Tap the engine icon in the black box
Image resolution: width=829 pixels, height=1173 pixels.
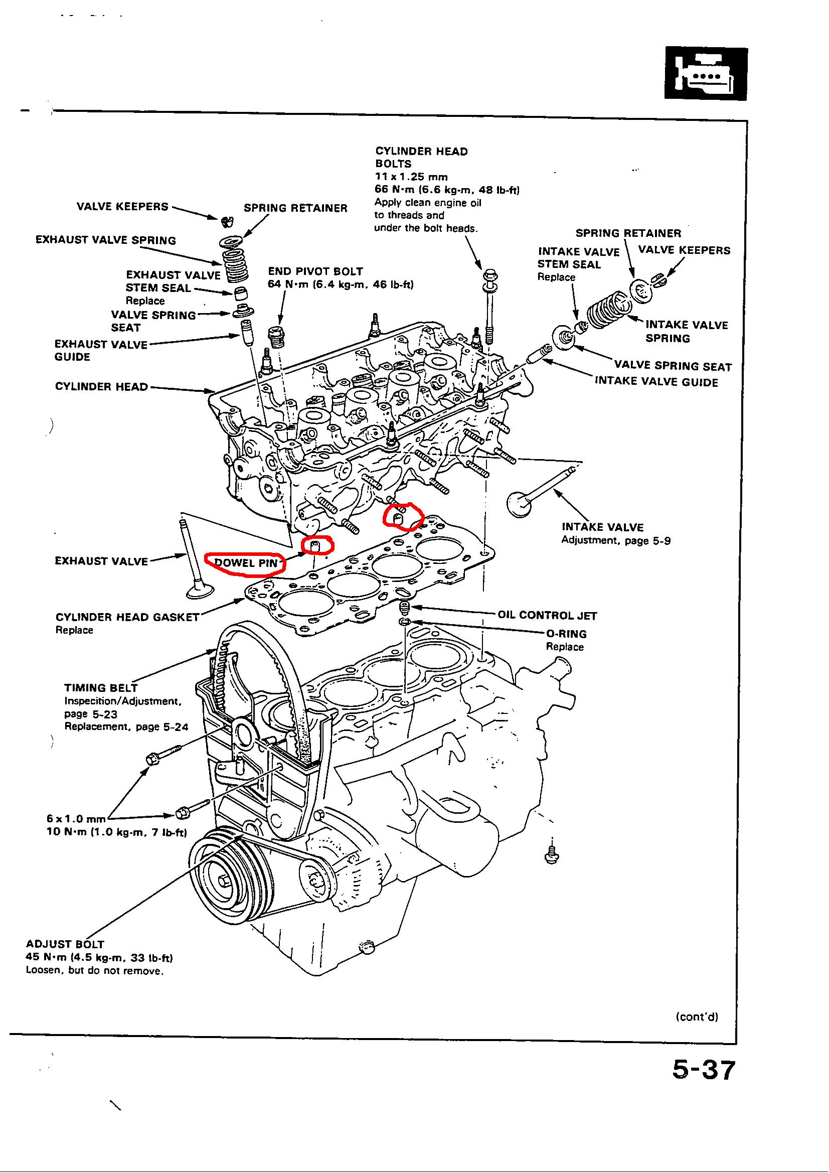(x=706, y=74)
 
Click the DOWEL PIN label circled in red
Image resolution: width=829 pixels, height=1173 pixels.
(x=246, y=563)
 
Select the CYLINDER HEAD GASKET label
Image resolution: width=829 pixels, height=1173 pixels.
(x=127, y=617)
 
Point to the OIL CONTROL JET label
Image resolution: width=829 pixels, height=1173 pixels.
(x=547, y=615)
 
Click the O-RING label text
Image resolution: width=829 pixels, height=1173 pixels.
(x=566, y=634)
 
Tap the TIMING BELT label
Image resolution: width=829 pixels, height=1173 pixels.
(x=101, y=687)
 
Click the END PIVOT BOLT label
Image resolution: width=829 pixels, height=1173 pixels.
(x=315, y=271)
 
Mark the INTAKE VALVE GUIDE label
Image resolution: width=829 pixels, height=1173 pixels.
(x=656, y=382)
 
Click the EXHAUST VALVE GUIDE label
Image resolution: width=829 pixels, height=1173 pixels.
(x=101, y=351)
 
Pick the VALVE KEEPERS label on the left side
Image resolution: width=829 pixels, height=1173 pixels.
(x=122, y=206)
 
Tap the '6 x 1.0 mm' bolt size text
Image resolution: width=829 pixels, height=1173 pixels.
(x=76, y=819)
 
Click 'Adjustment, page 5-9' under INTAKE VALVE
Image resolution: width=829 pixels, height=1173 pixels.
(x=615, y=539)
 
